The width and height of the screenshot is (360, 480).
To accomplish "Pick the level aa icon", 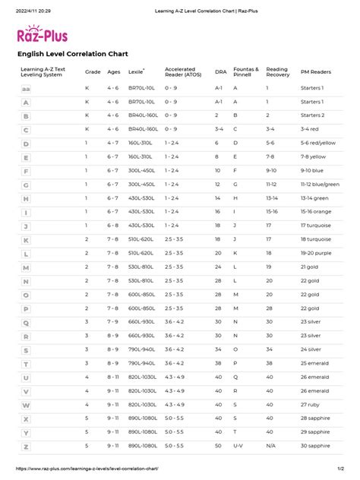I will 27,88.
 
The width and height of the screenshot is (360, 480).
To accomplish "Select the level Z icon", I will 27,447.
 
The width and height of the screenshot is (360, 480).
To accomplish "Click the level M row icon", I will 27,267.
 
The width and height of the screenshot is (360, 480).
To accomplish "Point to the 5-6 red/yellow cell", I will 319,143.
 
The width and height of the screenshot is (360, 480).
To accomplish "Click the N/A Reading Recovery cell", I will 270,447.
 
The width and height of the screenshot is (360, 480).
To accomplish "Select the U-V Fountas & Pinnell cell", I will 238,447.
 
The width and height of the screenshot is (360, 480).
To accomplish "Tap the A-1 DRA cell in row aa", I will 218,88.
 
